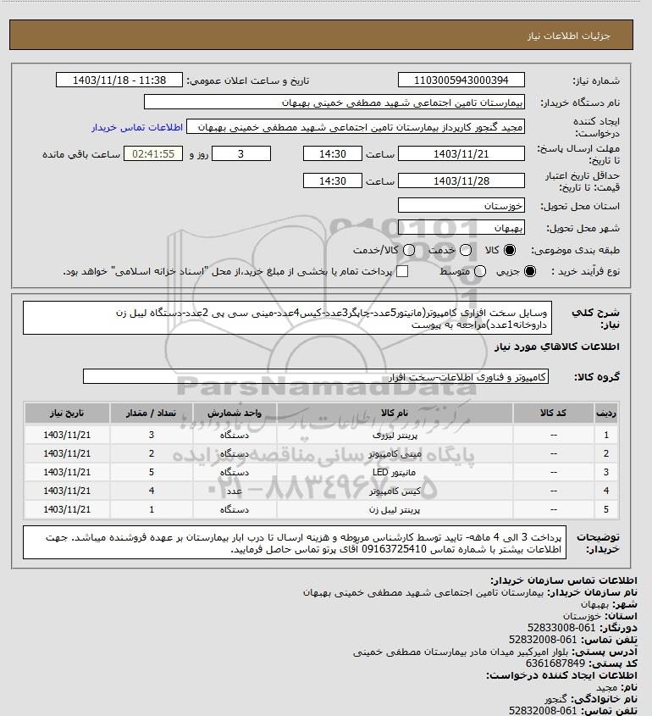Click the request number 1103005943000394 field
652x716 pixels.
[x=461, y=80]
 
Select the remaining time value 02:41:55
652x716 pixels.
[x=153, y=154]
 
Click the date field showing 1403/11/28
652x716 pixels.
[x=461, y=181]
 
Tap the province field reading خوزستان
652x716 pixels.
[x=461, y=206]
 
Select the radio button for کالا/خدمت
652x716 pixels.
[x=410, y=251]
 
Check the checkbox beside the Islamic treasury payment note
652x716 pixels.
[x=402, y=271]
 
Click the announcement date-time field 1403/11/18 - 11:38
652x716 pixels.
[x=119, y=80]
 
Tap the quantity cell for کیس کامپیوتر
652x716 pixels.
[x=151, y=491]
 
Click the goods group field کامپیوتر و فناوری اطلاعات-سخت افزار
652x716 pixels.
[x=316, y=376]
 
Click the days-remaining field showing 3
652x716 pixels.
[x=241, y=154]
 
